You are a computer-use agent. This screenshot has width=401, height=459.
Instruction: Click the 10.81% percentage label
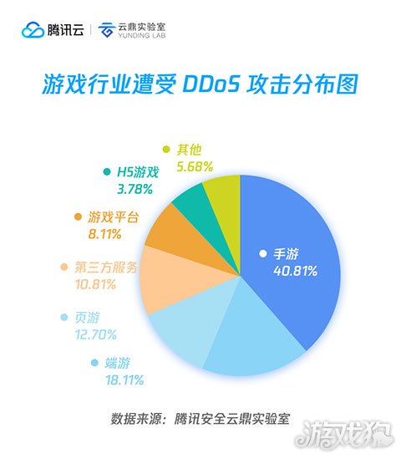[82, 284]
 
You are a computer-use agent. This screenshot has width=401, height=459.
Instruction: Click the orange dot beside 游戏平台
[79, 217]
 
